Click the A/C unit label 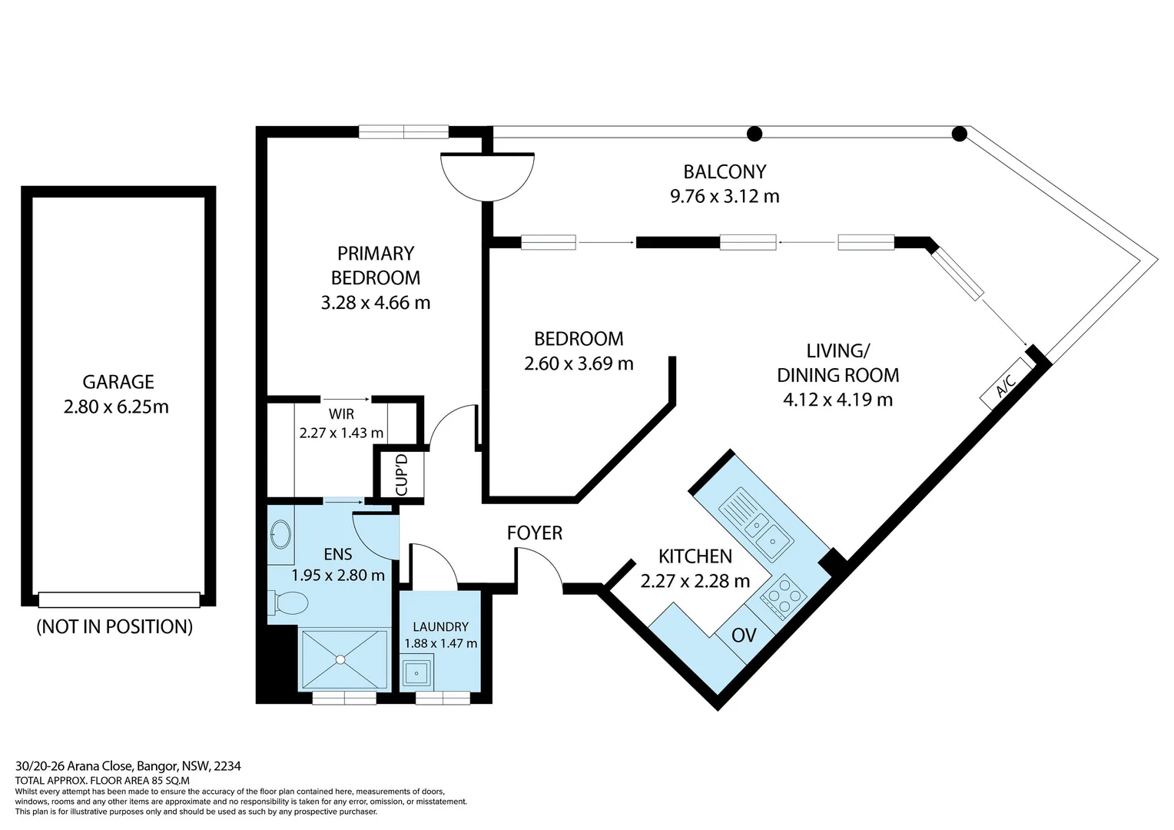click(x=1006, y=383)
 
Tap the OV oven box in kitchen click(x=744, y=635)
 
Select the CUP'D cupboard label click(x=402, y=474)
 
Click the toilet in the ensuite click(x=287, y=603)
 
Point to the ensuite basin click(x=281, y=534)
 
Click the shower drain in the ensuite click(x=341, y=659)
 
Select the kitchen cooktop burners click(x=784, y=597)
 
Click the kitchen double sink click(x=756, y=525)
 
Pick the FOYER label click(x=535, y=533)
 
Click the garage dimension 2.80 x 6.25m click(x=116, y=407)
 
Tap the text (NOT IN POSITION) click(x=114, y=626)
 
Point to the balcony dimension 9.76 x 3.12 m click(x=725, y=196)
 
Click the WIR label click(x=341, y=413)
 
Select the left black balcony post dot click(x=754, y=134)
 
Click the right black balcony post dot click(x=959, y=134)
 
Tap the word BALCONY click(x=725, y=171)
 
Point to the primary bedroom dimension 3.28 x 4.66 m click(x=375, y=303)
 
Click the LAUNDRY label click(x=441, y=626)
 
